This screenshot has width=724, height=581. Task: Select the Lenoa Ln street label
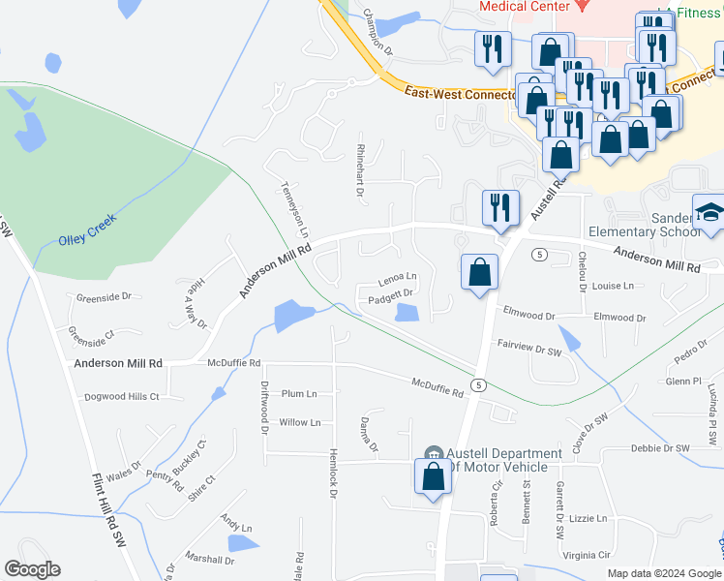coord(397,276)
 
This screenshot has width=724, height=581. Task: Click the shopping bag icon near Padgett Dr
coord(479,273)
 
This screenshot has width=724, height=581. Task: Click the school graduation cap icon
coord(710,214)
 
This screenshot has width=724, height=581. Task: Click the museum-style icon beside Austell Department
coord(435,453)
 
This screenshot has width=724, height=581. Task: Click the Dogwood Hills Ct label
coord(121,397)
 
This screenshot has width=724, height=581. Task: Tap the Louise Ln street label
coord(613,286)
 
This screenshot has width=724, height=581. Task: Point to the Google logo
coord(32,569)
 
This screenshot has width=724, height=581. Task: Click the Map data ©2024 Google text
coord(664,573)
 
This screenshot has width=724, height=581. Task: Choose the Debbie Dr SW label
coord(659,448)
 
